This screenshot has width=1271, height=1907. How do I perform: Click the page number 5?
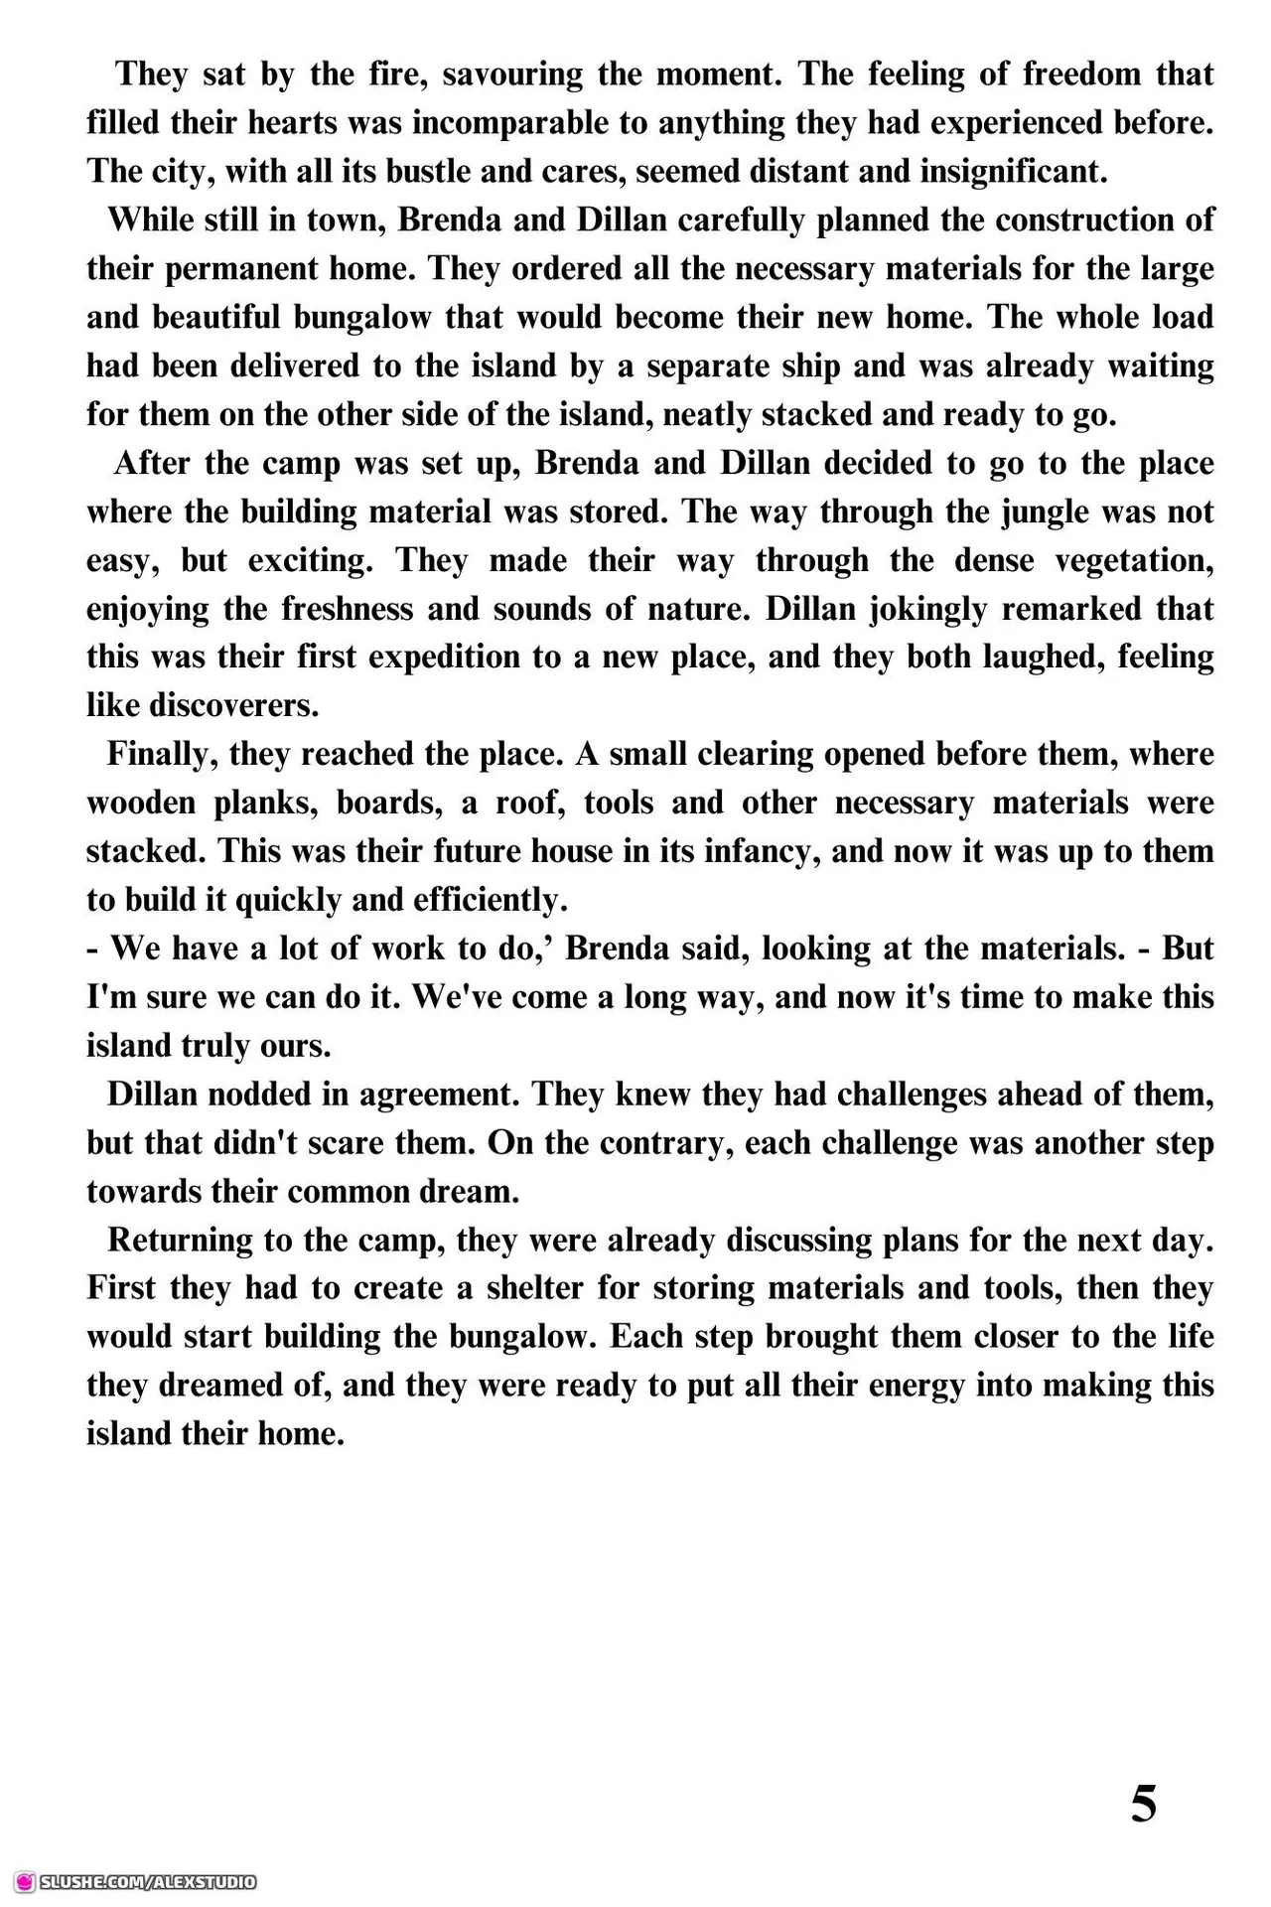[1144, 1804]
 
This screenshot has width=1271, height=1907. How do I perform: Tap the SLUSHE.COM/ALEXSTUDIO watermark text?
[148, 1881]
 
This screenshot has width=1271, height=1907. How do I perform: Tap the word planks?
[265, 804]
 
